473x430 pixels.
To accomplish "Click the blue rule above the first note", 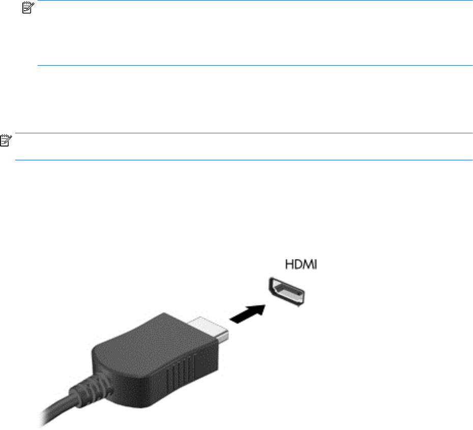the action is tap(254, 1).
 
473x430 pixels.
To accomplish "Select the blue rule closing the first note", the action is tap(254, 65).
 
